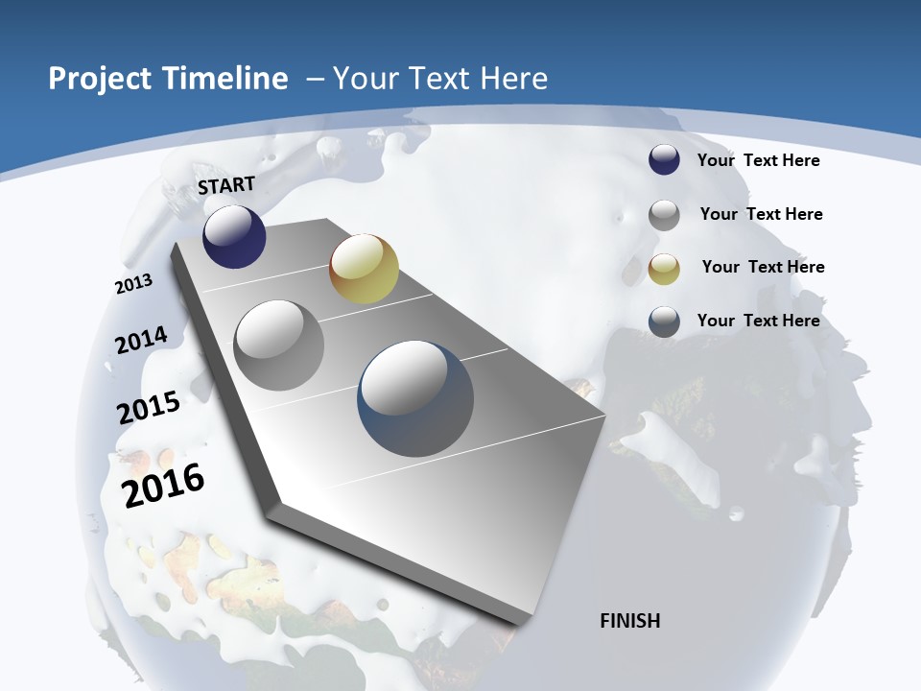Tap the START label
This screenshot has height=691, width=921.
(226, 184)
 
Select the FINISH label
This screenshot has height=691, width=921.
(630, 621)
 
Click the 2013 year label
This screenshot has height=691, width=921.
(133, 284)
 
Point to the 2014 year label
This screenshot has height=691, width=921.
(141, 340)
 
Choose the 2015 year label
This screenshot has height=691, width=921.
(149, 407)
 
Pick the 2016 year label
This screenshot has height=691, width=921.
(163, 485)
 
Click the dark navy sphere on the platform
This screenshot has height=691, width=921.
(234, 236)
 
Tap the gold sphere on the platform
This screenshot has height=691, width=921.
(364, 269)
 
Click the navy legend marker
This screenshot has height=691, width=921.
(664, 160)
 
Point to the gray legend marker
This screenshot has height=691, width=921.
(664, 215)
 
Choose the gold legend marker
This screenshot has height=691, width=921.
(664, 269)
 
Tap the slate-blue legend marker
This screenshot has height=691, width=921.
(664, 322)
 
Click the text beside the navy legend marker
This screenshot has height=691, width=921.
(758, 160)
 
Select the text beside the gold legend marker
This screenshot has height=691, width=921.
(763, 267)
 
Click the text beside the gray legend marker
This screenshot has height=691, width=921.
(761, 214)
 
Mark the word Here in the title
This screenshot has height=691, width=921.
(512, 79)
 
